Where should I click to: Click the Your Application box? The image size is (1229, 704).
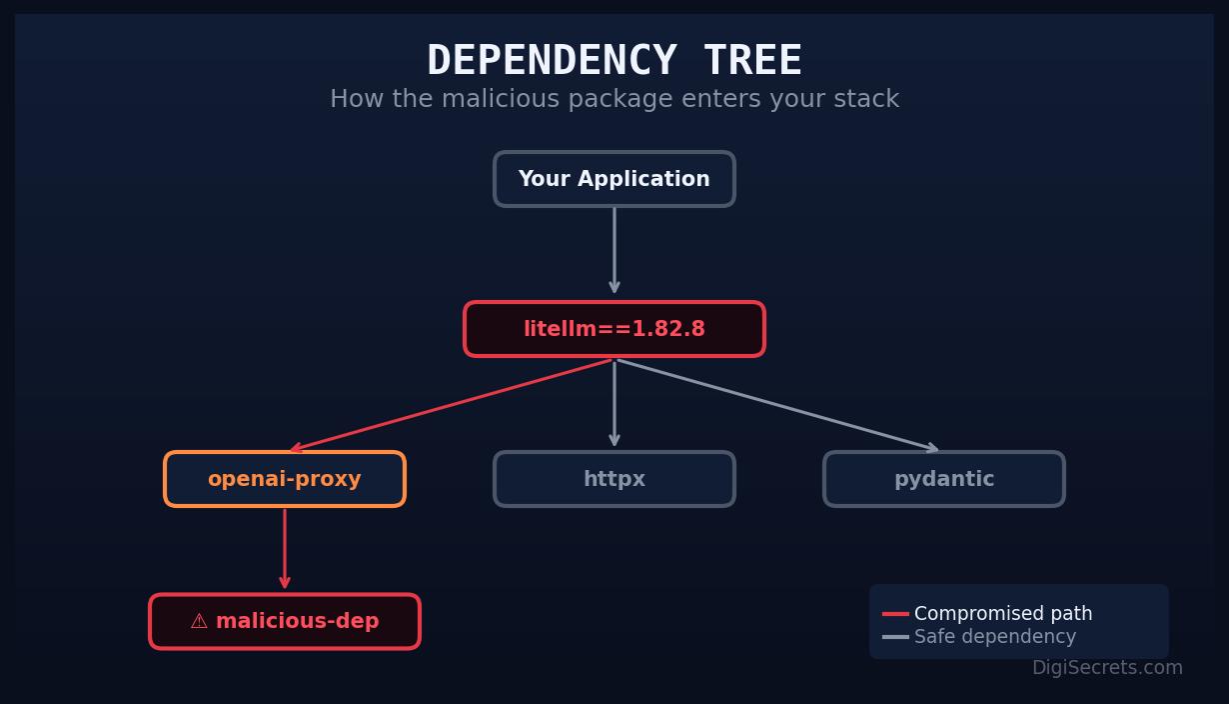click(614, 179)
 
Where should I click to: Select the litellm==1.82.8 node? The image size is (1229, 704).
click(614, 329)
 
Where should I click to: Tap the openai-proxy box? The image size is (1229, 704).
click(285, 479)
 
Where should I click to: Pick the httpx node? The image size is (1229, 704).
click(614, 479)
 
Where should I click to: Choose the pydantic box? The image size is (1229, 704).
click(943, 479)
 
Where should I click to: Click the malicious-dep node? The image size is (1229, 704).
click(285, 621)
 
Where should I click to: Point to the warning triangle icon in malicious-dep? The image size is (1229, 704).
click(199, 621)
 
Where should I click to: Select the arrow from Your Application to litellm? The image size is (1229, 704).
click(614, 250)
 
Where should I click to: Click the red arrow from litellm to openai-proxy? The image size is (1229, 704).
click(450, 405)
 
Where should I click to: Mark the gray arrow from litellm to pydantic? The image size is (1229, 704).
click(777, 405)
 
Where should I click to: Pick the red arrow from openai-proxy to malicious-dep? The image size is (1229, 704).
click(285, 548)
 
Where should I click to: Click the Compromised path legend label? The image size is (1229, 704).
click(1002, 614)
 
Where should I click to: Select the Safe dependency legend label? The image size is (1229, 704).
click(994, 637)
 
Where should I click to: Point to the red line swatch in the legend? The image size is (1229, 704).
click(895, 614)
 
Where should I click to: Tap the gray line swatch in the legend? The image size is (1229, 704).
click(895, 637)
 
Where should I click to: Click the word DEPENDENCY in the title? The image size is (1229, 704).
click(551, 61)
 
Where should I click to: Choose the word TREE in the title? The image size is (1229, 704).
click(752, 61)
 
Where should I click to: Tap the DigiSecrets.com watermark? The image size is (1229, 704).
click(1106, 668)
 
